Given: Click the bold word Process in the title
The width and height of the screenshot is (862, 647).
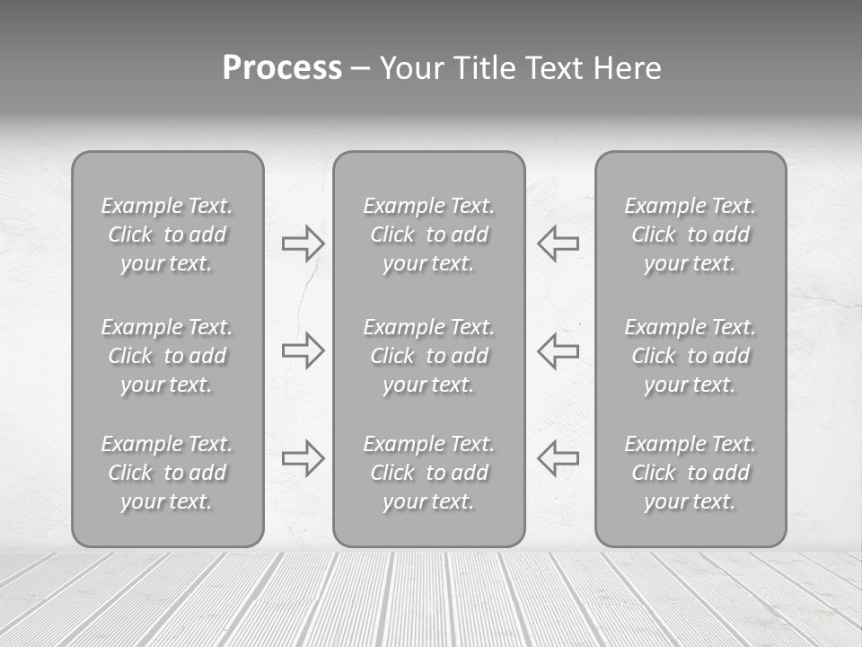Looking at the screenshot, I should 282,68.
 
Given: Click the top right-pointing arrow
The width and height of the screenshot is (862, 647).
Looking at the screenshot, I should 303,244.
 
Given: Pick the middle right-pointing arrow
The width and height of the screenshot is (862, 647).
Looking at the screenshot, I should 303,350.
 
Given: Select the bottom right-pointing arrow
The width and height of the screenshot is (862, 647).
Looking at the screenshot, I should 303,457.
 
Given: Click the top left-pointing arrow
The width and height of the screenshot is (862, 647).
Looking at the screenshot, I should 559,244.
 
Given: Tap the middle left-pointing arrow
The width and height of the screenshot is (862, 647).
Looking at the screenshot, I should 559,350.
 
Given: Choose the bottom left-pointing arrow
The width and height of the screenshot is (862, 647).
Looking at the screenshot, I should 559,457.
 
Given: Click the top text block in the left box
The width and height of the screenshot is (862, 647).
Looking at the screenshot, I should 167,235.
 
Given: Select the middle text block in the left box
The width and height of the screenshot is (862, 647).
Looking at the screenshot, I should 167,356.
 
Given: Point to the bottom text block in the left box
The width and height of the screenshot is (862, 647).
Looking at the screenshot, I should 167,473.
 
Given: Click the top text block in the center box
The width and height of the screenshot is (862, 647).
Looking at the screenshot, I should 428,235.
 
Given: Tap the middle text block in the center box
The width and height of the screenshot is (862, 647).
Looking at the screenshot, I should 428,356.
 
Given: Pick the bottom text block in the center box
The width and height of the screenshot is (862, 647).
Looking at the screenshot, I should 428,473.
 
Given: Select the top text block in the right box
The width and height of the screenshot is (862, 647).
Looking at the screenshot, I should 690,235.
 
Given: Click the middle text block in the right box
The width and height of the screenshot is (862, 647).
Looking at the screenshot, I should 690,356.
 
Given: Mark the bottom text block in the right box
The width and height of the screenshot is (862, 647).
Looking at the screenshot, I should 690,473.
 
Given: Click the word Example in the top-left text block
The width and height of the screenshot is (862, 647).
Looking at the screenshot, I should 141,207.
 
